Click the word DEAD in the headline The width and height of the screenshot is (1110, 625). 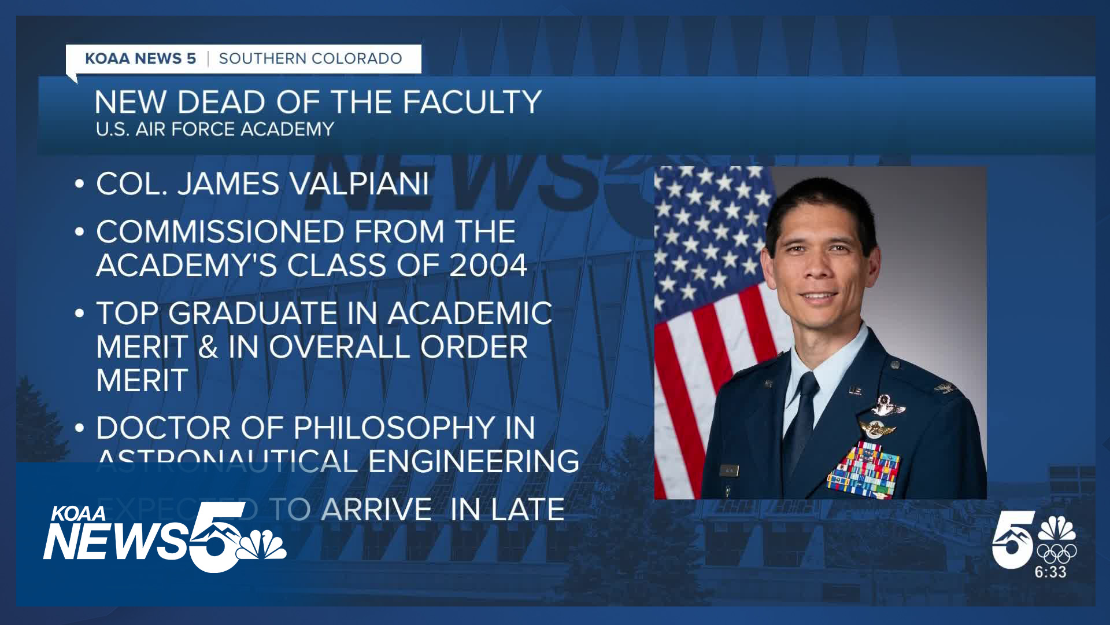[x=221, y=102]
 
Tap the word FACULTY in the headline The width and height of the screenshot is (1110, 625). [x=471, y=102]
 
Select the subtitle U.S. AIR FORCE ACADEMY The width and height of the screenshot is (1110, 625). [x=214, y=129]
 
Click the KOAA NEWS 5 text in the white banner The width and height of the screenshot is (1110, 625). [x=140, y=58]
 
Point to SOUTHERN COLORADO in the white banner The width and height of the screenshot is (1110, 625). [x=310, y=58]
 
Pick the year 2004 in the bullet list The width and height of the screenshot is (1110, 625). [x=488, y=266]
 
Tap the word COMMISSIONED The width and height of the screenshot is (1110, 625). [x=220, y=232]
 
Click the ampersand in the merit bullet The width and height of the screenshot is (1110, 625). [x=208, y=347]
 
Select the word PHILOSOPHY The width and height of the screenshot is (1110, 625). [x=395, y=428]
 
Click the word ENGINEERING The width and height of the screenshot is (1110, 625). [x=473, y=462]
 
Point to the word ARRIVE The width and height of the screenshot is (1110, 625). [x=376, y=510]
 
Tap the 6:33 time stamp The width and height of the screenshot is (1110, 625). [x=1050, y=572]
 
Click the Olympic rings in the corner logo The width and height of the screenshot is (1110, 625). [x=1056, y=553]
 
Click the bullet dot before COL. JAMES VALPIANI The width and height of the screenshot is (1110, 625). [x=80, y=185]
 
